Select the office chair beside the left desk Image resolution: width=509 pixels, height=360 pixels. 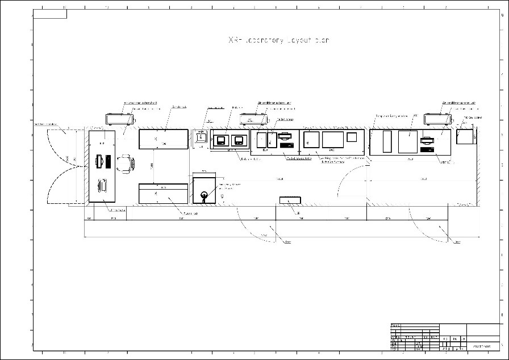126,164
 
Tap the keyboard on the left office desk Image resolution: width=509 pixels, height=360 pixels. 108,161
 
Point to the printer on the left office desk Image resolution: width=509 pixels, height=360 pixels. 103,185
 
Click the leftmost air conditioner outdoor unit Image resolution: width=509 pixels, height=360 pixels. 120,120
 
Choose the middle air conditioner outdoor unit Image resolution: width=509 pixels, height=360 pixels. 254,119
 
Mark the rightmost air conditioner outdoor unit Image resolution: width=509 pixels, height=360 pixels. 437,119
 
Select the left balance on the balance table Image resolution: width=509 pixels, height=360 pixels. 221,140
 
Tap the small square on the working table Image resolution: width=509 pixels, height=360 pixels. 352,136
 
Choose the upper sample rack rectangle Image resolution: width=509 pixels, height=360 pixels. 162,139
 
